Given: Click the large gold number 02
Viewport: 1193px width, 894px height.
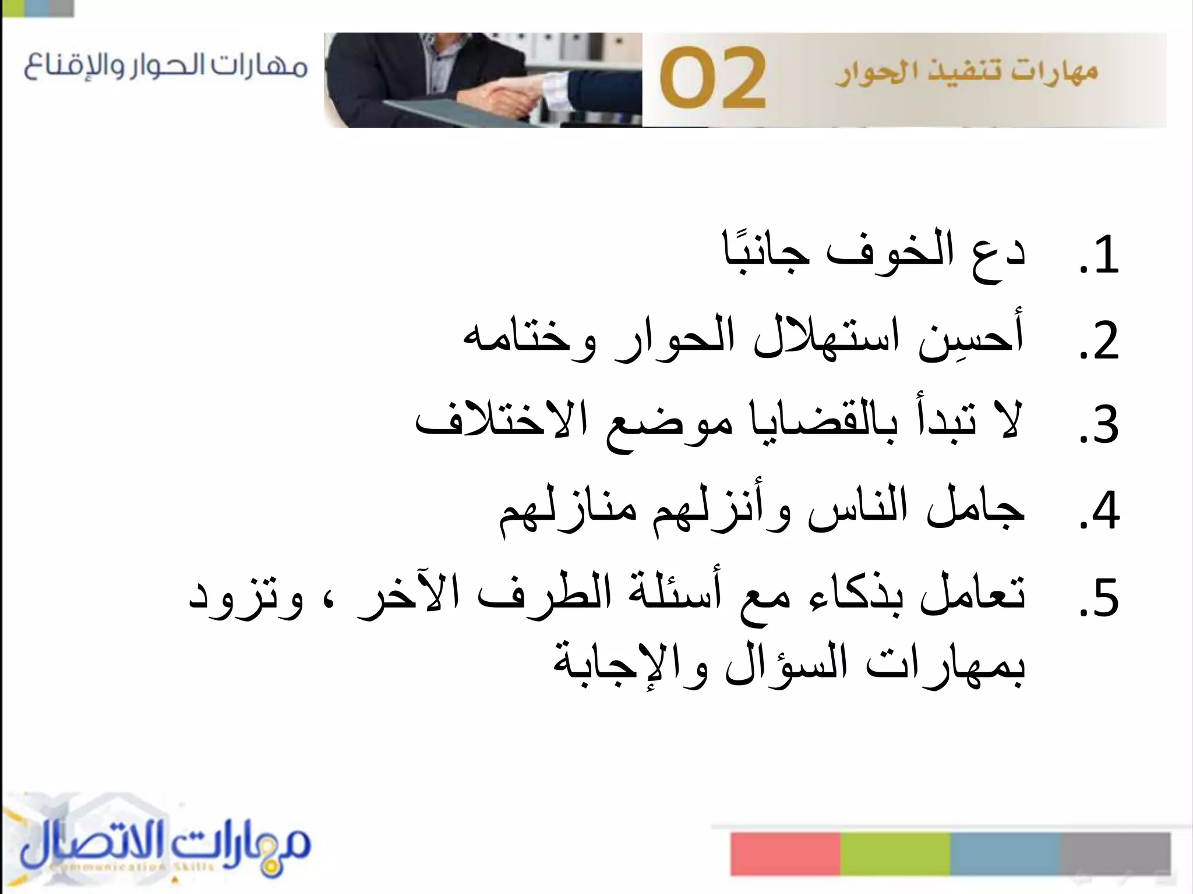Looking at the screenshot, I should pyautogui.click(x=712, y=80).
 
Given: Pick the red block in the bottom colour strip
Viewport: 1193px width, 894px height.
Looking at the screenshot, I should pyautogui.click(x=785, y=853).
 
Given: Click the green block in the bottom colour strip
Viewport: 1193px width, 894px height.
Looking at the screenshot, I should pyautogui.click(x=895, y=853).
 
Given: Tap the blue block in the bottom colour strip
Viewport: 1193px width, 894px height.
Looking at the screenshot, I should pyautogui.click(x=1004, y=853).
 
